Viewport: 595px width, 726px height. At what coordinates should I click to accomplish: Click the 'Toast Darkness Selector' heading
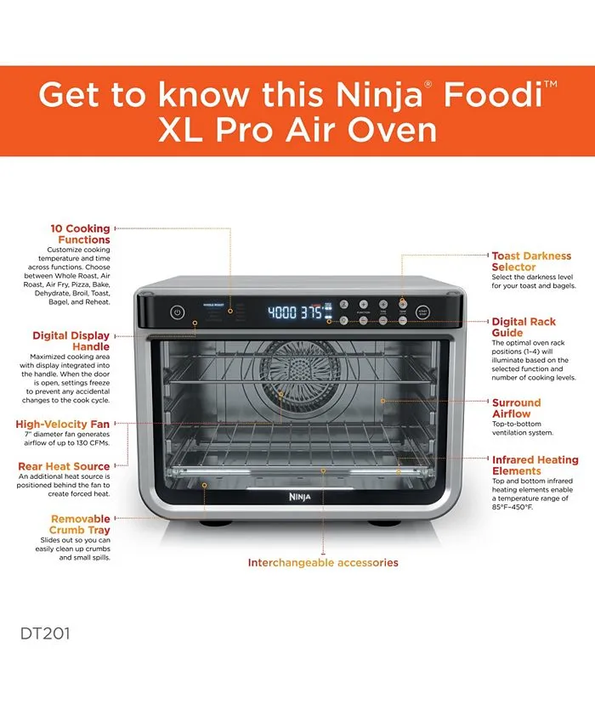tap(531, 261)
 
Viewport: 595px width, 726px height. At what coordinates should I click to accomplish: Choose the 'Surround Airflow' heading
tap(516, 408)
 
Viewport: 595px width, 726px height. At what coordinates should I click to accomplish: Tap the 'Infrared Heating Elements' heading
tap(534, 465)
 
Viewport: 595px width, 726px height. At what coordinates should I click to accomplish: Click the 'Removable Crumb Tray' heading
tap(80, 524)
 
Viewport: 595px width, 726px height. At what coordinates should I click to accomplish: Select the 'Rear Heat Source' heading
tap(64, 466)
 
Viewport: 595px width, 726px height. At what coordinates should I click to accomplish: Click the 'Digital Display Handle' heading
tap(71, 340)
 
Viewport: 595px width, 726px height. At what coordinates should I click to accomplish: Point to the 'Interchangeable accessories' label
tap(322, 562)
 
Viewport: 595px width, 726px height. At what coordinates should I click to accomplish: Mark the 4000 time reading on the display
tap(282, 312)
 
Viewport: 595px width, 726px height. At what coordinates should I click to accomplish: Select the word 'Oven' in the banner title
tap(394, 131)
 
